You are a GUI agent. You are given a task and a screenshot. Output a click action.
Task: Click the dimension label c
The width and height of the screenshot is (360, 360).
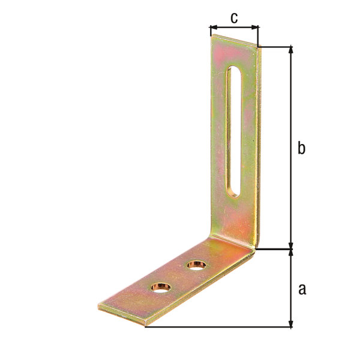pos(234,18)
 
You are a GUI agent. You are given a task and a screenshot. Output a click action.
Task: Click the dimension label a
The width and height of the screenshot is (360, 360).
pos(302,289)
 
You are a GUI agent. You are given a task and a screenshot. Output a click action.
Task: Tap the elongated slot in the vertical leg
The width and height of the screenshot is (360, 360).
pos(234,132)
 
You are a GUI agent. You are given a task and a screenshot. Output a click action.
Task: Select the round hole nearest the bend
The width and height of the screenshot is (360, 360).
pos(196,265)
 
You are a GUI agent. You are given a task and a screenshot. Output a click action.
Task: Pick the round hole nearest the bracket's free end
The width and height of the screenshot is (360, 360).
pos(161,287)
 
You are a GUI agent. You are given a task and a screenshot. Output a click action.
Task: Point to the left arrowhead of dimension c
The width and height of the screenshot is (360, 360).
pos(214,28)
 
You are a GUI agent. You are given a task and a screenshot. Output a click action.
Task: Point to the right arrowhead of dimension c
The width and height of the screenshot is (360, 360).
pos(255,28)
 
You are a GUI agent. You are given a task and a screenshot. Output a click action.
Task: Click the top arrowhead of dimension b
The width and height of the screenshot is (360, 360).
pos(290,50)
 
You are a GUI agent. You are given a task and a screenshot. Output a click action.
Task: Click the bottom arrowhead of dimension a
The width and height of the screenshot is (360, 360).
pos(290,323)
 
